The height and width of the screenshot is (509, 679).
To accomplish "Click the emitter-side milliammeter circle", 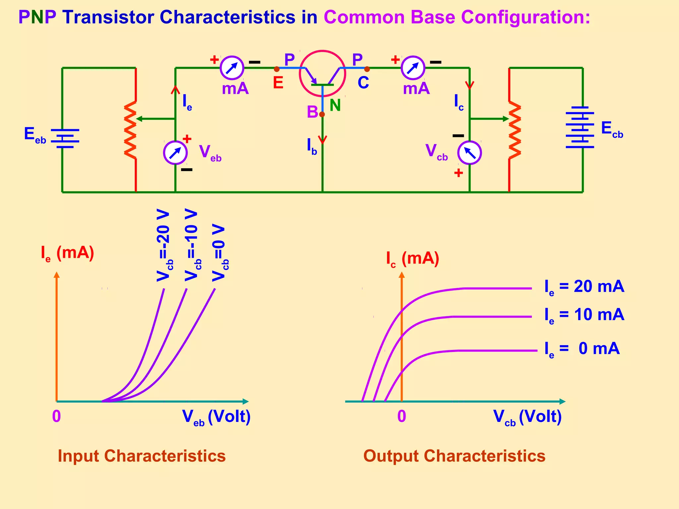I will click(x=232, y=68).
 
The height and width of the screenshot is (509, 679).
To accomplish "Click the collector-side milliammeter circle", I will click(x=413, y=68).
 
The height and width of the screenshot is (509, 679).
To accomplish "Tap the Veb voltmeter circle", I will click(x=175, y=153).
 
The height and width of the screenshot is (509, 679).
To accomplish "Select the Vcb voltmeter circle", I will click(x=469, y=153).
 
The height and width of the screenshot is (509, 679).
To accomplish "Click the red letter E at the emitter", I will click(x=278, y=83).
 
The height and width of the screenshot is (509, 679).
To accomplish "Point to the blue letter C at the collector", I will click(x=363, y=83).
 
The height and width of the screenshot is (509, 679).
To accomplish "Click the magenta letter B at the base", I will click(x=312, y=112).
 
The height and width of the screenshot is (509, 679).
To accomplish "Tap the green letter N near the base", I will click(x=335, y=106).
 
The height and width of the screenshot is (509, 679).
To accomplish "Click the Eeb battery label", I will click(x=35, y=135).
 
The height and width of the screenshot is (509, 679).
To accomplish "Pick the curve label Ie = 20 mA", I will click(x=584, y=287).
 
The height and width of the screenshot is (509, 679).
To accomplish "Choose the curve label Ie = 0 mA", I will click(x=582, y=349).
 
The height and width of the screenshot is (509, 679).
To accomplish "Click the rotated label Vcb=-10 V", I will click(x=192, y=245).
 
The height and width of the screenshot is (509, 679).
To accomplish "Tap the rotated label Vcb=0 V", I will click(x=220, y=253).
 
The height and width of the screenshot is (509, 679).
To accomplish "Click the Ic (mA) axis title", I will click(x=412, y=259).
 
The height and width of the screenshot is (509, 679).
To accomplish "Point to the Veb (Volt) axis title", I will click(x=216, y=417).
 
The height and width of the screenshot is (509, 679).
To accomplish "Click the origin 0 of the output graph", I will click(x=401, y=416).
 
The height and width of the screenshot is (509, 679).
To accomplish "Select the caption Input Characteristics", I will click(x=142, y=456).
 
